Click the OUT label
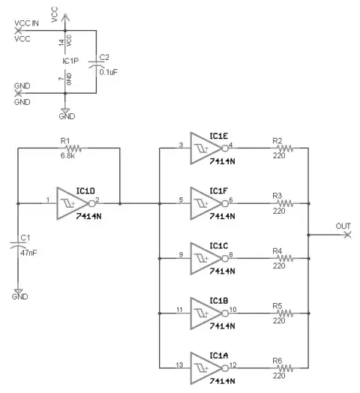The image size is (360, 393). pos(343,226)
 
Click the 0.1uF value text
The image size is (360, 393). pos(109,72)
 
